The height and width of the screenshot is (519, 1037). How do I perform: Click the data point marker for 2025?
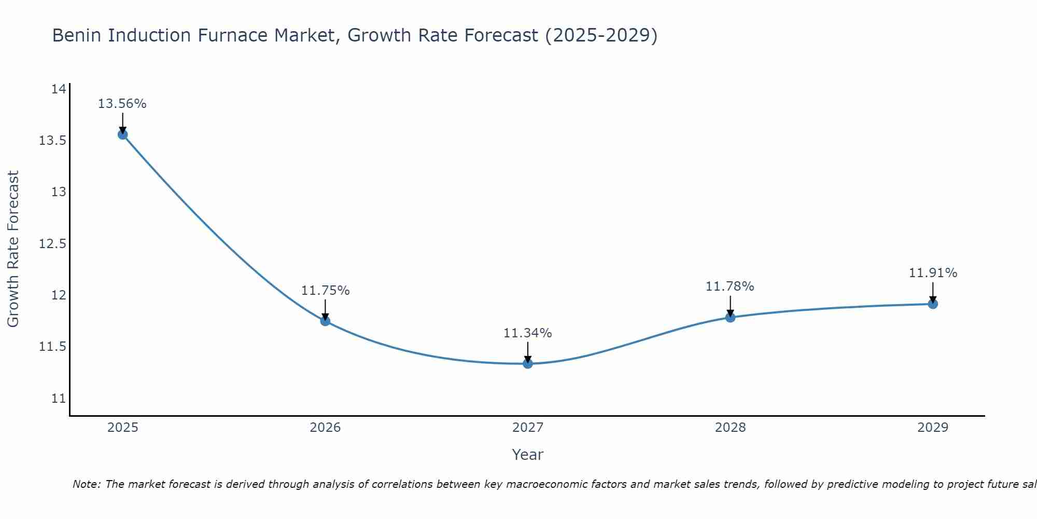122,135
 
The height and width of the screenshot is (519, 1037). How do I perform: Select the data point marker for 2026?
325,321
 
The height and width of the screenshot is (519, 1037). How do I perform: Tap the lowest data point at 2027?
528,363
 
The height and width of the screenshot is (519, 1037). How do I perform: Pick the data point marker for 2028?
730,317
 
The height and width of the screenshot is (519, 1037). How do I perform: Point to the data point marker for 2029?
933,304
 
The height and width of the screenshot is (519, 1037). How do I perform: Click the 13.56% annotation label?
122,104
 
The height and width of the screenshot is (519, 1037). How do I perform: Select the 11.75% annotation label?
325,291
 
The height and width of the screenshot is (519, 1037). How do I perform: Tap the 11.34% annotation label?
528,333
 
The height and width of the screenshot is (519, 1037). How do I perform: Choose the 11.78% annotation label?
730,286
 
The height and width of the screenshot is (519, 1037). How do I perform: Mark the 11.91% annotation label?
933,273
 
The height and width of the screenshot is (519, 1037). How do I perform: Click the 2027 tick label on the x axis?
528,428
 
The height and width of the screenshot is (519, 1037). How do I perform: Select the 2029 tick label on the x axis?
933,428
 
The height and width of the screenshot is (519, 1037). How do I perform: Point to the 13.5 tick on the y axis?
52,141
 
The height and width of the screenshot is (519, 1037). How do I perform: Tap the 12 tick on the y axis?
59,295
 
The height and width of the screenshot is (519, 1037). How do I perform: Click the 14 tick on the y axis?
59,89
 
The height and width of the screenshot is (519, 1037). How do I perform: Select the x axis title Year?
528,455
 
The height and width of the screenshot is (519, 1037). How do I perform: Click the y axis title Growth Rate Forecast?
13,249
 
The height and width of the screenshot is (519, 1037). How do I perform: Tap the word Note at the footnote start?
86,484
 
